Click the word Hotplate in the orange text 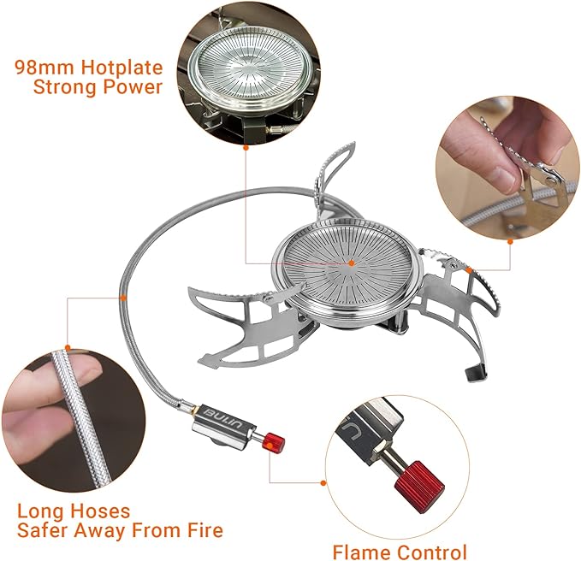(x=122, y=68)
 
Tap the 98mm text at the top (x=44, y=68)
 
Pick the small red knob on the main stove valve (x=273, y=442)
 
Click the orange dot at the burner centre (x=351, y=263)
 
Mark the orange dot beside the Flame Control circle (x=323, y=482)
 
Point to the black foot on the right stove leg (x=475, y=373)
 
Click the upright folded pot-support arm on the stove (x=329, y=174)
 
